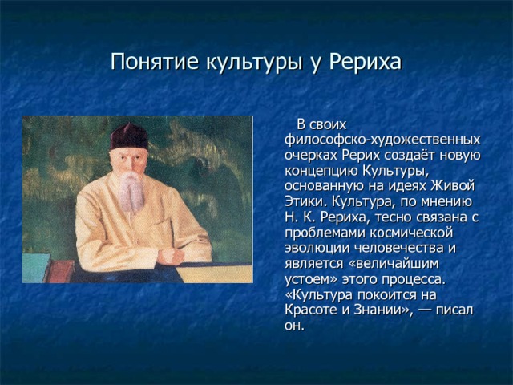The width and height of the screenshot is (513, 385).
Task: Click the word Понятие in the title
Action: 155,61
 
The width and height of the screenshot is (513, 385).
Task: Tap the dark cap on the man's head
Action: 129,137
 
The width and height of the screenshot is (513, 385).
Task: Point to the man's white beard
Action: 131,191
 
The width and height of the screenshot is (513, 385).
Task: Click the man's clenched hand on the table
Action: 171,256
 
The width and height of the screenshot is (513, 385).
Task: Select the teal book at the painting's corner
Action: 35,268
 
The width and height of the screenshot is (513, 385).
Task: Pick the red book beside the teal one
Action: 61,271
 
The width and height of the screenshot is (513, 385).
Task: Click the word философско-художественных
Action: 382,140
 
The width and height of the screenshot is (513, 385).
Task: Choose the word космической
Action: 411,233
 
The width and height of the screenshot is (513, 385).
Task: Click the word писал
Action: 454,310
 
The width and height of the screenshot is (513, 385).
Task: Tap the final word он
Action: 294,326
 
